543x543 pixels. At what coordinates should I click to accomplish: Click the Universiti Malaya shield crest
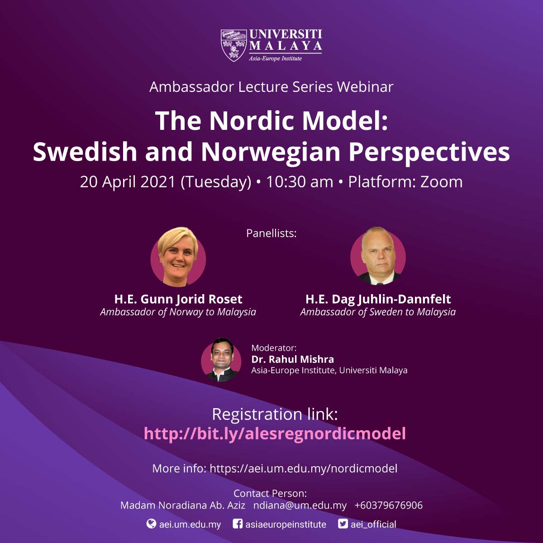(x=233, y=45)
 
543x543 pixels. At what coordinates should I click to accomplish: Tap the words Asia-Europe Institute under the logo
(x=275, y=59)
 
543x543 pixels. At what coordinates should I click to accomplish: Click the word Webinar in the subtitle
(x=365, y=87)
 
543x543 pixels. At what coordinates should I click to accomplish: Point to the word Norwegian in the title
(x=271, y=152)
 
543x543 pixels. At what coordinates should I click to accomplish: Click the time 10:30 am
(x=300, y=182)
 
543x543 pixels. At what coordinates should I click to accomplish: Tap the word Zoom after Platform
(x=441, y=182)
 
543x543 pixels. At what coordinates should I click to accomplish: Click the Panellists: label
(x=271, y=233)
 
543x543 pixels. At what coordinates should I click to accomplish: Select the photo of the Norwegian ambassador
(x=178, y=257)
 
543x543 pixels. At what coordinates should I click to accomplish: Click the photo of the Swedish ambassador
(x=378, y=256)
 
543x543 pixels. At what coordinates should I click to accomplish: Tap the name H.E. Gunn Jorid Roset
(x=178, y=299)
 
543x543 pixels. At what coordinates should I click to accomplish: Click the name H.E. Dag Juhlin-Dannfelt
(x=378, y=299)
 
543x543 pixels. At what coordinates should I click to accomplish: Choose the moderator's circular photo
(x=221, y=360)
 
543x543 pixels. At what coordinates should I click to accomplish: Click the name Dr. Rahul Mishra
(x=292, y=359)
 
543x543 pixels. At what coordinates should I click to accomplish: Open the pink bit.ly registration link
(x=275, y=433)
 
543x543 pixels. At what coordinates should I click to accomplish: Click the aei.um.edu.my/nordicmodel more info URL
(x=304, y=469)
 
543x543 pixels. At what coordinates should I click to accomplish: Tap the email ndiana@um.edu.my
(x=300, y=505)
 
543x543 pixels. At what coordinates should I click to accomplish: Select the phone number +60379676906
(x=389, y=505)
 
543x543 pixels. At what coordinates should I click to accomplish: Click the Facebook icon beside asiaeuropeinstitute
(x=238, y=524)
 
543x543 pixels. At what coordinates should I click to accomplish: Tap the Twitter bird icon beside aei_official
(x=343, y=524)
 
